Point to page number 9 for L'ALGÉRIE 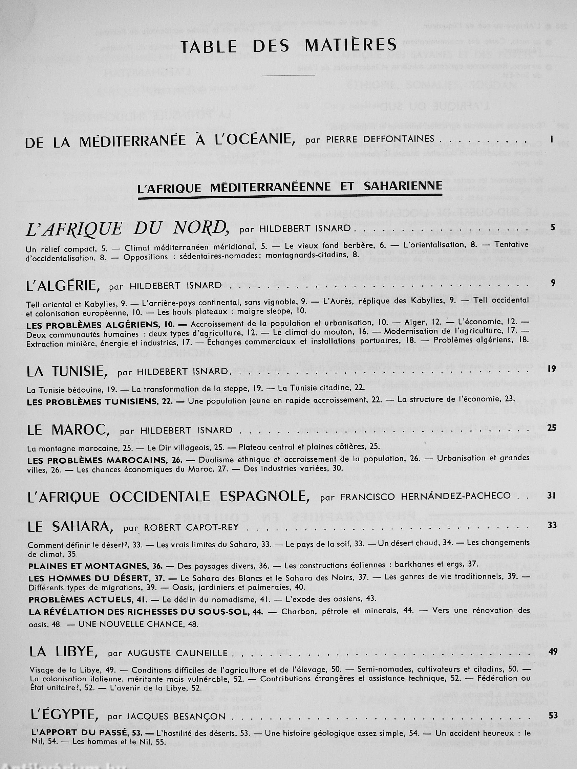point(553,283)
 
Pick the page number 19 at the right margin point(552,369)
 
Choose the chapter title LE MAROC point(68,431)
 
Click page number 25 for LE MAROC point(552,428)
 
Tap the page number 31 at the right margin point(551,496)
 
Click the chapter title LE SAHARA point(70,527)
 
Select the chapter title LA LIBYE point(64,652)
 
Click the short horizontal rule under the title point(288,75)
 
